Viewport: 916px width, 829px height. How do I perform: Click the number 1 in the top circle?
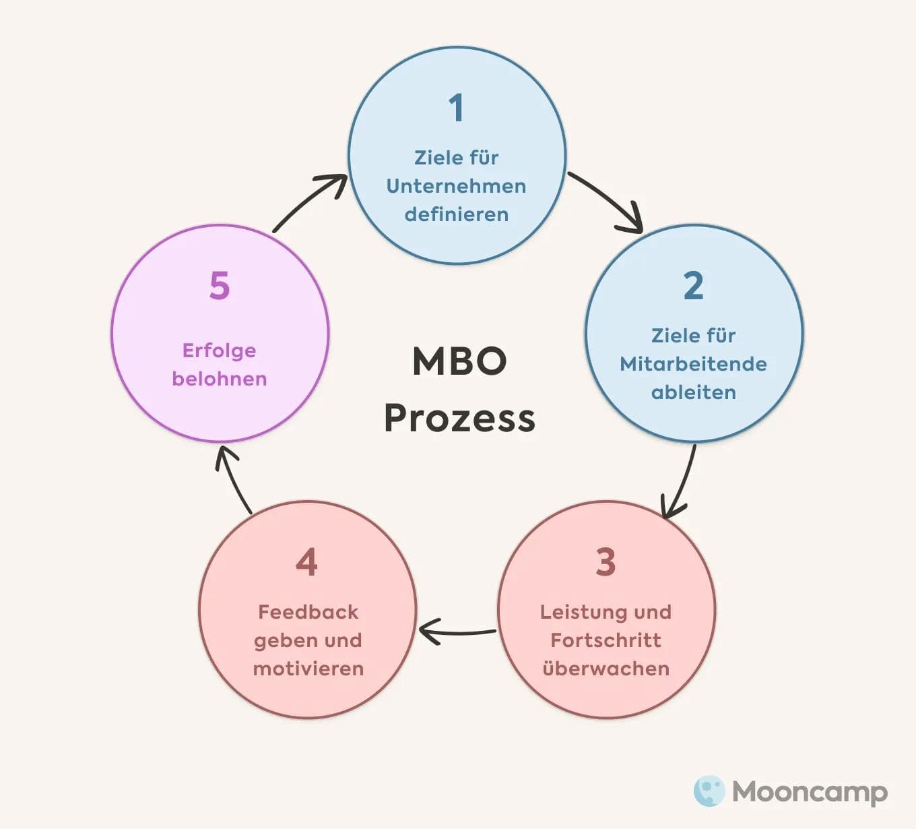click(457, 108)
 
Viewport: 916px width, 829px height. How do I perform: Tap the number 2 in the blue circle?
click(693, 286)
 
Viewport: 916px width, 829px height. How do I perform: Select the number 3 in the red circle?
click(606, 562)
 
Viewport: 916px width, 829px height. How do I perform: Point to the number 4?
click(306, 562)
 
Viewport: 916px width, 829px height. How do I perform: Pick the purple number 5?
click(220, 286)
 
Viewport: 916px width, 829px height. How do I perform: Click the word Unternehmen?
click(456, 186)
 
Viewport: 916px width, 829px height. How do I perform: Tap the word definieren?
click(456, 214)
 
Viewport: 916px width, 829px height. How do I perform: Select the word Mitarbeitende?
click(693, 364)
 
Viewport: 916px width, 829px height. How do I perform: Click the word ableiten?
click(693, 392)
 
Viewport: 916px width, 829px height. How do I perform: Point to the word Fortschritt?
click(606, 640)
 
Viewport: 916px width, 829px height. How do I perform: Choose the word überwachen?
click(606, 669)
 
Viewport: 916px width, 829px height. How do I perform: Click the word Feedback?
click(308, 612)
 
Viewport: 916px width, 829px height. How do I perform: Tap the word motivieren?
click(308, 669)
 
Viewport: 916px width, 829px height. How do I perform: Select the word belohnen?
click(220, 379)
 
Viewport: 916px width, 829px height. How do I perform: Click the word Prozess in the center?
click(459, 418)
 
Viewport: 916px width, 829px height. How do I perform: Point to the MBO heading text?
click(459, 361)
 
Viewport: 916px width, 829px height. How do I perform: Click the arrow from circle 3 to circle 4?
click(458, 632)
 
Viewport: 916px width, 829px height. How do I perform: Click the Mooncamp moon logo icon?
click(709, 791)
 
